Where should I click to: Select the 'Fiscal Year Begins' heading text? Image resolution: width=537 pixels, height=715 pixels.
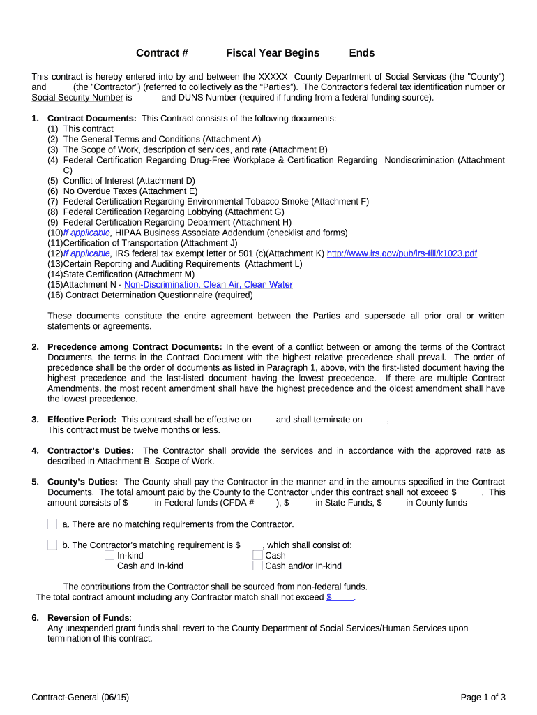tap(273, 53)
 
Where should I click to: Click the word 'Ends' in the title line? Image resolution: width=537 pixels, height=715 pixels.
tap(362, 53)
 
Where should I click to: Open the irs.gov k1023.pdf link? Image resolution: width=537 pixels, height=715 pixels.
tap(402, 253)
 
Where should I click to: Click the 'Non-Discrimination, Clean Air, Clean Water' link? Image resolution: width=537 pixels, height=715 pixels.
tap(209, 285)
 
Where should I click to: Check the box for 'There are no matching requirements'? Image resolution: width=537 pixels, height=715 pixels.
tap(52, 524)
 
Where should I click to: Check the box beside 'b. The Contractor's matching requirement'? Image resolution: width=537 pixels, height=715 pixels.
tap(52, 545)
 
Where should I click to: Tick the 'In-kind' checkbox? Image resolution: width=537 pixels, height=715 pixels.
tap(109, 556)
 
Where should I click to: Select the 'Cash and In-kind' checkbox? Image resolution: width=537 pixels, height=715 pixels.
tap(109, 566)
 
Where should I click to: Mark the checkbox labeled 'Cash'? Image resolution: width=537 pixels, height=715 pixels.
tap(258, 556)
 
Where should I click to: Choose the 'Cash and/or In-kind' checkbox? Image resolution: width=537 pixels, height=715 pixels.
tap(258, 566)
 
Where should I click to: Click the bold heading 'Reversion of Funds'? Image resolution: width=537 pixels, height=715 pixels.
tap(89, 618)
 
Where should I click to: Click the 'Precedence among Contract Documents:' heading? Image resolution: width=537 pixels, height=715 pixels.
tap(135, 347)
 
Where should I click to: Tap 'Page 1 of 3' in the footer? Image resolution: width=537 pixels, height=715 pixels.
tap(483, 697)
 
